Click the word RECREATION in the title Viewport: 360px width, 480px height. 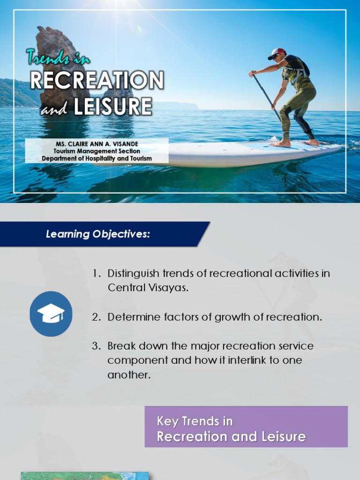pos(97,80)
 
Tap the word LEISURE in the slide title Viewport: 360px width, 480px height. pos(112,106)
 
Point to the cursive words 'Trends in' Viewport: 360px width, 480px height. pos(59,58)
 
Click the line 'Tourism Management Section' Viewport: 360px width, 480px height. pos(97,151)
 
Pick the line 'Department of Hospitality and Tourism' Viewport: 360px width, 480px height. pos(97,158)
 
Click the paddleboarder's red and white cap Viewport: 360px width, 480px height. pos(277,53)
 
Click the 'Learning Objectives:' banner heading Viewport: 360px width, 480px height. pos(98,234)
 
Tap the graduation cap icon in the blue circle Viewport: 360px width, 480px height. pos(51,314)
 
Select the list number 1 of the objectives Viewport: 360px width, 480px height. pos(96,273)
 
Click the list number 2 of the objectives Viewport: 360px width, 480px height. pos(96,317)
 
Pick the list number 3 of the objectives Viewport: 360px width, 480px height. pos(96,346)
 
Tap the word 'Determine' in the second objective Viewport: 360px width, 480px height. pos(130,317)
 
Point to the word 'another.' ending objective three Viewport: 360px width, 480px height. pos(129,375)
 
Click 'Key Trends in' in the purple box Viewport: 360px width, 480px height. pos(195,421)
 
